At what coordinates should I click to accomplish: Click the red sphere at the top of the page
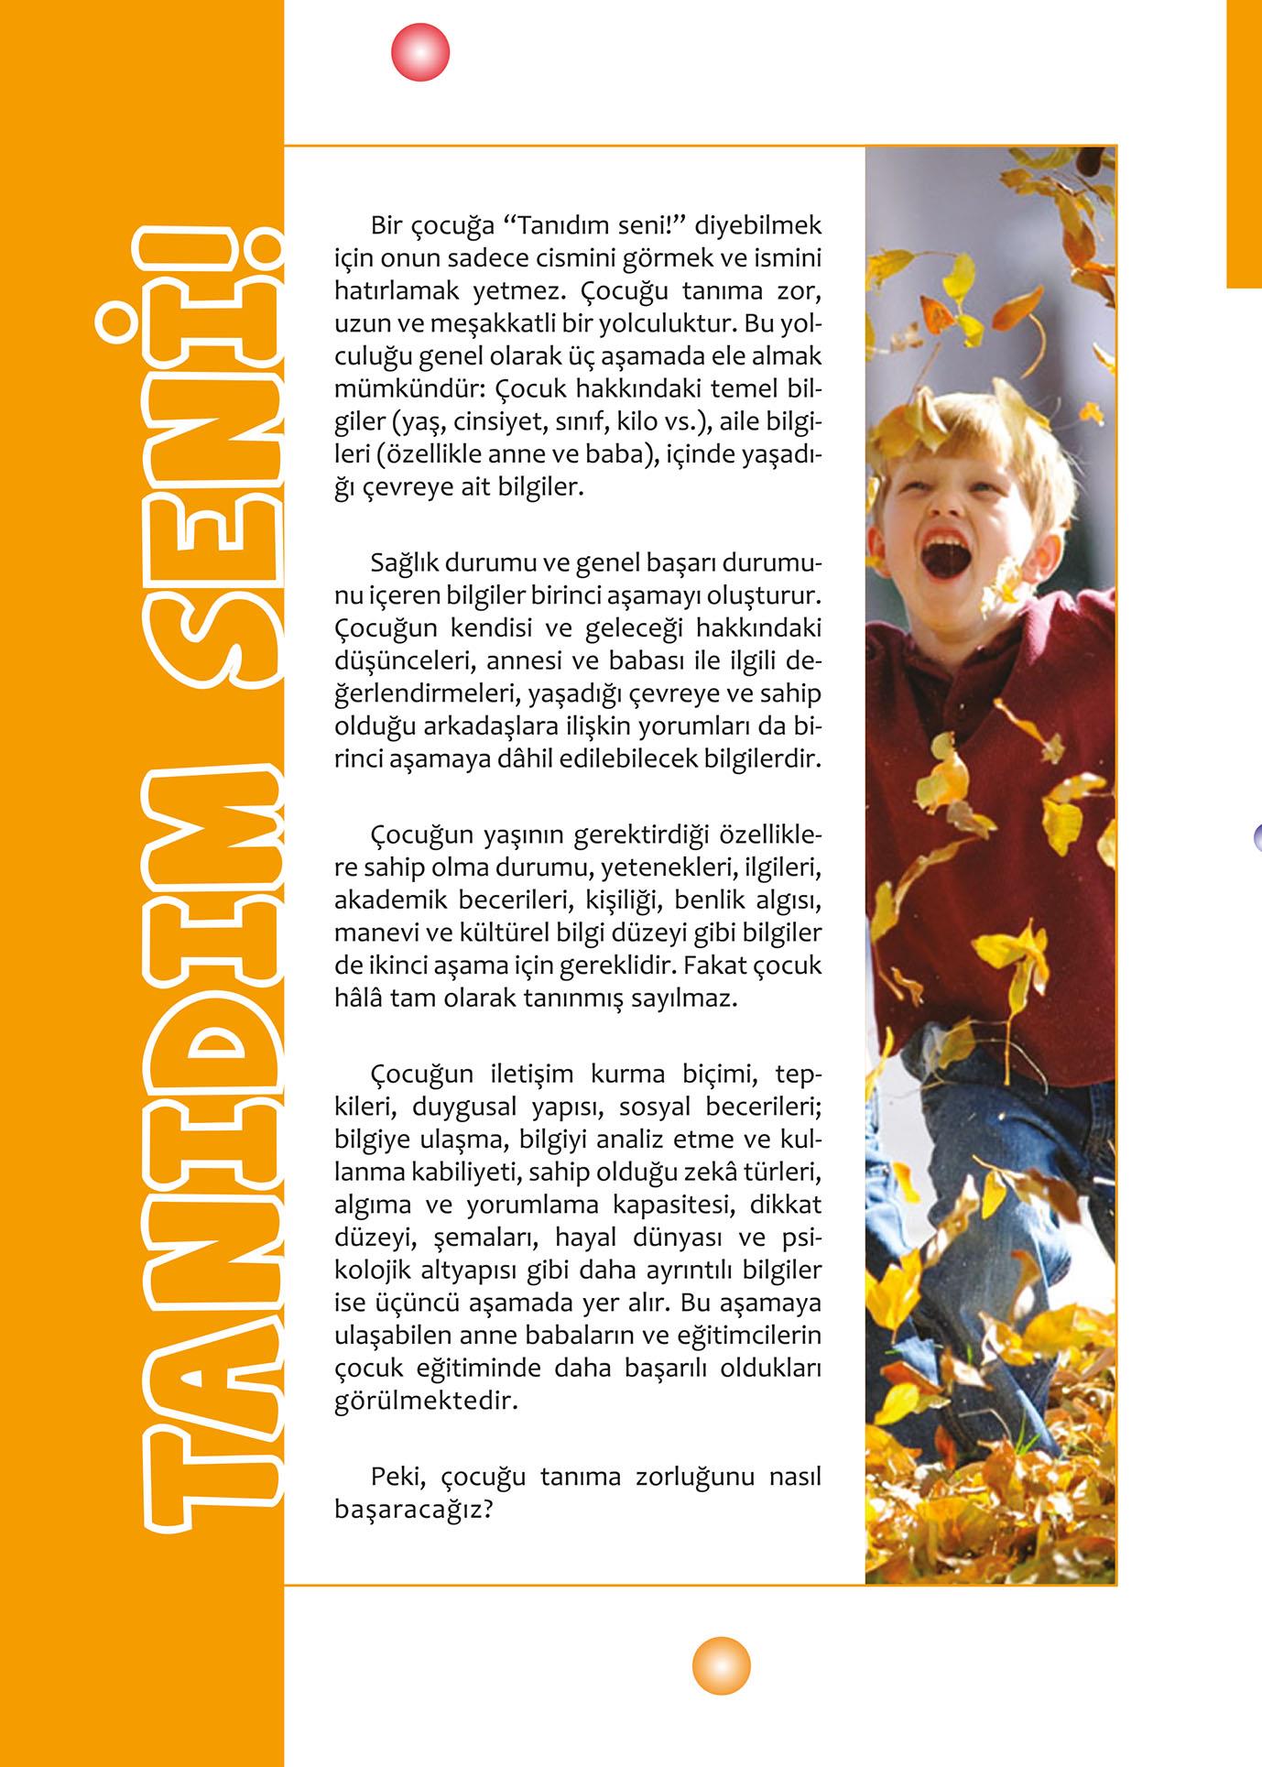click(x=420, y=52)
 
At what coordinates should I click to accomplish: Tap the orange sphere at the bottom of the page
click(x=721, y=1664)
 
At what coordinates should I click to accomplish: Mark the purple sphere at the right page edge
click(x=1257, y=835)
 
